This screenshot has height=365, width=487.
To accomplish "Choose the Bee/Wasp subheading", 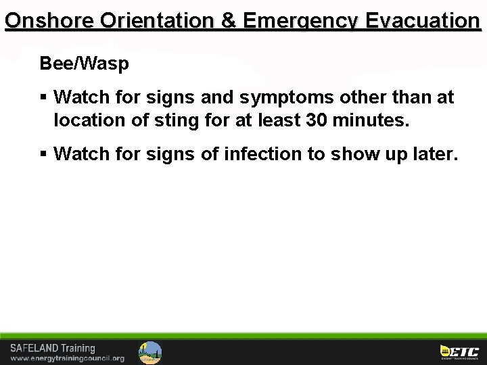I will click(x=85, y=64).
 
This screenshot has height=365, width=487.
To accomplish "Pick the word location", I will click(x=89, y=122).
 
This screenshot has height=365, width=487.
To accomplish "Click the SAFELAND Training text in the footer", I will click(x=53, y=349).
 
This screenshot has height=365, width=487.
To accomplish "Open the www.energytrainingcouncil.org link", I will click(x=67, y=358).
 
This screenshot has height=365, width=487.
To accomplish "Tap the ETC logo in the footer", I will click(x=459, y=352).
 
